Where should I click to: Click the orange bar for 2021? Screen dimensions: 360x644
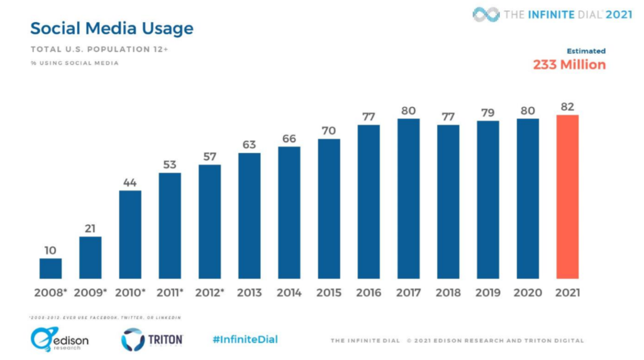567,196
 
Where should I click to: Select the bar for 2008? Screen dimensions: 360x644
50,268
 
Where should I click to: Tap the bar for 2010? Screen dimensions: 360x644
130,234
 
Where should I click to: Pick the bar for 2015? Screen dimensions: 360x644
329,208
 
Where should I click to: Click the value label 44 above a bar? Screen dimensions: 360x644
130,182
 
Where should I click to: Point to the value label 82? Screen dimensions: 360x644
568,106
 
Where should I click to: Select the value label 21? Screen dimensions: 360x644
90,228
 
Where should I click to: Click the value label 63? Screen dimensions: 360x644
249,145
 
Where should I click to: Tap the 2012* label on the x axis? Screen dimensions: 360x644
209,293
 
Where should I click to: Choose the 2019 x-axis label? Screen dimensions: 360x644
487,293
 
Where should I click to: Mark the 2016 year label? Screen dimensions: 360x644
369,293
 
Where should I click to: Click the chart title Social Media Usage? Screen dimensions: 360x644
112,28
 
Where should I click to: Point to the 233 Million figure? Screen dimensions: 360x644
569,65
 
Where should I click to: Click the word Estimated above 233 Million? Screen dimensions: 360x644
586,51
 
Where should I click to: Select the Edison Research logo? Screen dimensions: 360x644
59,339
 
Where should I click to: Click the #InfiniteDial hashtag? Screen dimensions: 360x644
245,339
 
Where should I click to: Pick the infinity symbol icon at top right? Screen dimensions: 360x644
486,14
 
